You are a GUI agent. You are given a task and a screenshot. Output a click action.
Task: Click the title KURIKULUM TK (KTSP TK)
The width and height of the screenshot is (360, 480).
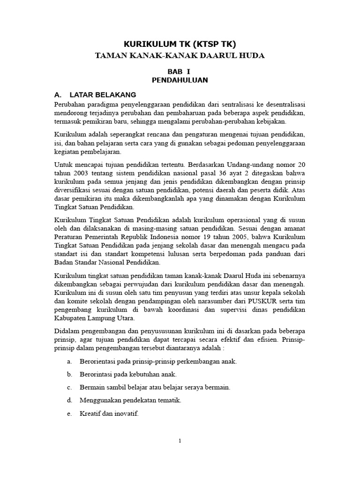point(180,44)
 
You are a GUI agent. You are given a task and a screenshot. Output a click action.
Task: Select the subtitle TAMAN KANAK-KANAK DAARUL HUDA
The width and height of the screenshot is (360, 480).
point(180,56)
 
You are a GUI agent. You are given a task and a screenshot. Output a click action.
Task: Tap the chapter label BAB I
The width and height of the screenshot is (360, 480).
point(180,71)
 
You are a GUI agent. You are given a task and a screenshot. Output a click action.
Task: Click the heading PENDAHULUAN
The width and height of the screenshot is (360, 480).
point(180,80)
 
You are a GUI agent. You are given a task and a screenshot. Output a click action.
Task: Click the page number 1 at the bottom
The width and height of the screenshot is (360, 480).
point(180,441)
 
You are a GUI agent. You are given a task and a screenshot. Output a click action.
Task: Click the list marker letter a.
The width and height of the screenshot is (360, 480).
point(69,361)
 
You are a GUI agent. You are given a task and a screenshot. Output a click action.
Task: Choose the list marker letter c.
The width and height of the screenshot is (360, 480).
point(69,388)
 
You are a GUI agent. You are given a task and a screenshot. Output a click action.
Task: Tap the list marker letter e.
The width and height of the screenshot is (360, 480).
point(69,414)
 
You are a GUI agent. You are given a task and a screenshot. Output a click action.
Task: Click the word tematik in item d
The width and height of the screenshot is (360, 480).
point(170,401)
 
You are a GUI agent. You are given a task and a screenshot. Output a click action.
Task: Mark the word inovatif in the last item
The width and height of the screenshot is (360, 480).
point(125,414)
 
